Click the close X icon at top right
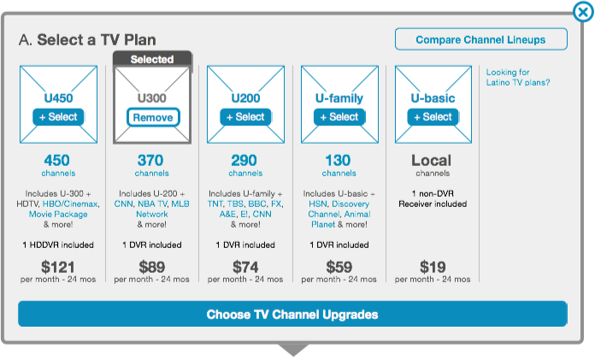[583, 12]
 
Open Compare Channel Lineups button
[480, 39]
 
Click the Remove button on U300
[153, 117]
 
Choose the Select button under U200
[245, 117]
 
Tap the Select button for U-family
[339, 117]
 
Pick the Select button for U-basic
[433, 117]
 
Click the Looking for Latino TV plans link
[518, 78]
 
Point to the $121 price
[58, 267]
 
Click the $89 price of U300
[152, 267]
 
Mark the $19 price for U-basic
[433, 267]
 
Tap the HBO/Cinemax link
[70, 204]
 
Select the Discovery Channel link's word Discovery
[351, 204]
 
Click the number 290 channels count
[244, 161]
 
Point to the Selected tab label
[152, 59]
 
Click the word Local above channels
[432, 161]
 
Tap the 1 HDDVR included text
[58, 245]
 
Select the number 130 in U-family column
[338, 161]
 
